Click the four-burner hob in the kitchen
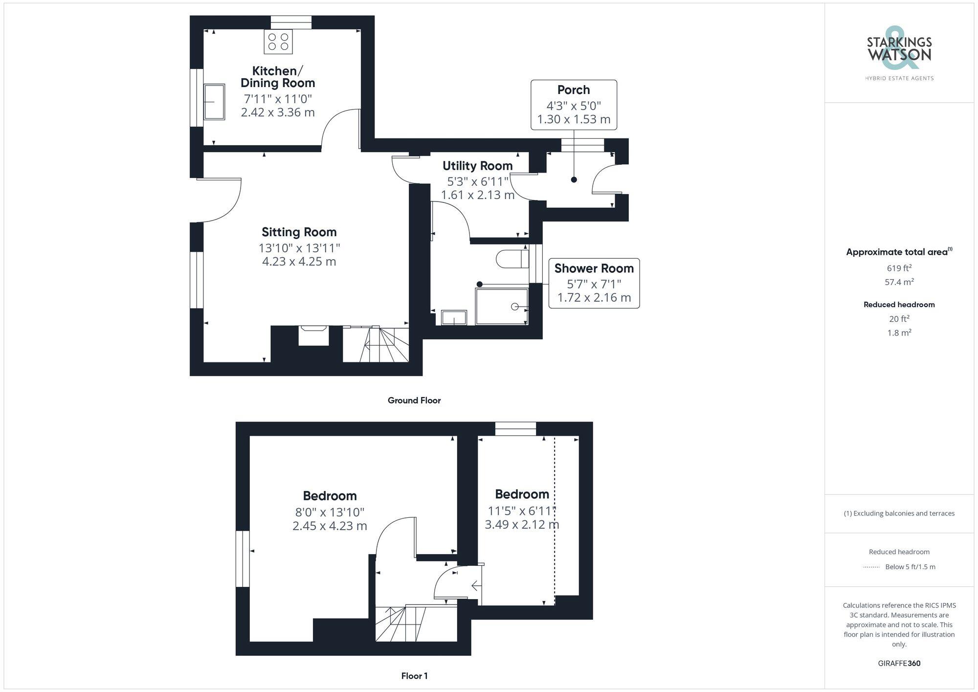coord(278,42)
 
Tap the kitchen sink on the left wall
coord(214,102)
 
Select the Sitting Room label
coord(299,232)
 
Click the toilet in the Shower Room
coord(511,259)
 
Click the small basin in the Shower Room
coord(454,318)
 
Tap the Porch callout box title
coord(574,90)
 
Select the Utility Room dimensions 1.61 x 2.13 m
coord(477,195)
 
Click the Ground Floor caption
coord(414,401)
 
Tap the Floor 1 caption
coord(414,676)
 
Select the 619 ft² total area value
coord(899,268)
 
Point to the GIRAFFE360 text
coord(899,663)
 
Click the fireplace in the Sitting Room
coord(313,336)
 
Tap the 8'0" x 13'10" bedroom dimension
coord(330,512)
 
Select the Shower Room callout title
coord(594,268)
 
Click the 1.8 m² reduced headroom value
coord(899,333)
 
